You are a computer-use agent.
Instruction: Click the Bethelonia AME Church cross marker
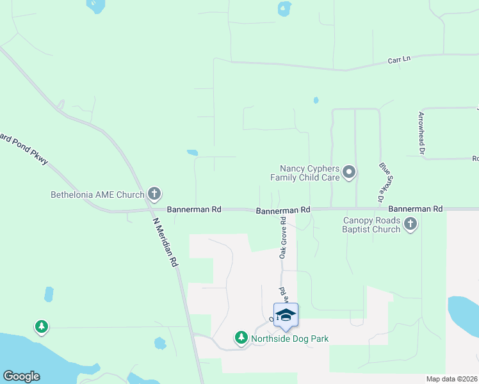tap(154, 193)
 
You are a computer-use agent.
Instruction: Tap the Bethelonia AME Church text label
tap(98, 194)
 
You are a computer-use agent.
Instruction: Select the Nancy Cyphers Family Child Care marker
tap(349, 172)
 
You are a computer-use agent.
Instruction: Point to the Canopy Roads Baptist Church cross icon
tap(410, 224)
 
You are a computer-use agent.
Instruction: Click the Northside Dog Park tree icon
tap(241, 337)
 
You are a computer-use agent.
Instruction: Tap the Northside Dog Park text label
tap(289, 338)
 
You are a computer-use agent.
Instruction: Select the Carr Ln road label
tap(399, 60)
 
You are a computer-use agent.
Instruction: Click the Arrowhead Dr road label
tap(421, 133)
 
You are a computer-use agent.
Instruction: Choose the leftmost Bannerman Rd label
tap(194, 209)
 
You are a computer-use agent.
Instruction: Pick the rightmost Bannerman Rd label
tap(416, 209)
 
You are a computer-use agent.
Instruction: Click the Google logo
tap(21, 376)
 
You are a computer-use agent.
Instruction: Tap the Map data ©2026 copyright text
tap(451, 379)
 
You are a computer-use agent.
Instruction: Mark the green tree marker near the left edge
tap(42, 327)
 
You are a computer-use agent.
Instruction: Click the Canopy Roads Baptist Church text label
tap(371, 225)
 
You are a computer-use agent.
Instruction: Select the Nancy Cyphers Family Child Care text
tap(305, 173)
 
